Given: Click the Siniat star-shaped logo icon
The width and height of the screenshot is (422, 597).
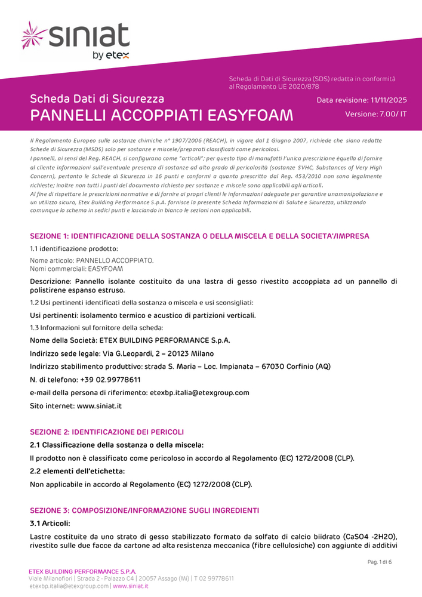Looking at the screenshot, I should pos(35,35).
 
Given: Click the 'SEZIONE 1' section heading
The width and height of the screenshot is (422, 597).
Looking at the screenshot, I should pos(199,236).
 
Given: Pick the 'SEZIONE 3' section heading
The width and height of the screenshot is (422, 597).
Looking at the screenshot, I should pos(144,510).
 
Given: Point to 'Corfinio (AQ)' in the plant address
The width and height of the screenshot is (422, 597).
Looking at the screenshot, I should pos(304,367).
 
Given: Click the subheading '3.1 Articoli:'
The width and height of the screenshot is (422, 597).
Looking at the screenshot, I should pos(50,524).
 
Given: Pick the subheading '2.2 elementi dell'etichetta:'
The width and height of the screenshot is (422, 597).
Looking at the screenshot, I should pos(78,471).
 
